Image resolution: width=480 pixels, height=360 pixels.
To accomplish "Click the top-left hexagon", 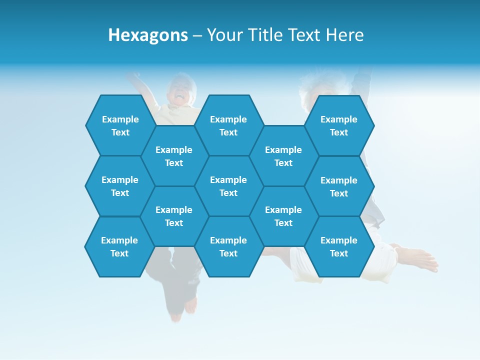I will pyautogui.click(x=120, y=125).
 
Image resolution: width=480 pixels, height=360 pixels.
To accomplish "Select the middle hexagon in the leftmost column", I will pyautogui.click(x=120, y=186).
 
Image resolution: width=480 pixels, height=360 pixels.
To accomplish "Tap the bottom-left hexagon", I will pyautogui.click(x=119, y=246).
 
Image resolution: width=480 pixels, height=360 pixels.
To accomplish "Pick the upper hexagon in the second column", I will pyautogui.click(x=174, y=156).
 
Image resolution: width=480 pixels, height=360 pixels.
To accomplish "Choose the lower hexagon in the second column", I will pyautogui.click(x=174, y=216).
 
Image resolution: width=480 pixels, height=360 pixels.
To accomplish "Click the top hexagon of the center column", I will pyautogui.click(x=228, y=125).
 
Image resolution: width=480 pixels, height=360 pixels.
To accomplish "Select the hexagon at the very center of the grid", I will pyautogui.click(x=228, y=186).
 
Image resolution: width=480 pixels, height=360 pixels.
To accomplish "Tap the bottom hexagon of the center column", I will pyautogui.click(x=228, y=246).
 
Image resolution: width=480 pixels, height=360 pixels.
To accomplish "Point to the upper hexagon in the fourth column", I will pyautogui.click(x=283, y=156).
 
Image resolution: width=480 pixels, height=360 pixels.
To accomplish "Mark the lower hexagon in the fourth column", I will pyautogui.click(x=283, y=216).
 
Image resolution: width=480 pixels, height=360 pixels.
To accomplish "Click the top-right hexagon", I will pyautogui.click(x=339, y=125).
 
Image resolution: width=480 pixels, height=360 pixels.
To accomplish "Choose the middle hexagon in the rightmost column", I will pyautogui.click(x=339, y=186).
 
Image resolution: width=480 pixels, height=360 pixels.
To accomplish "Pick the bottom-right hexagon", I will pyautogui.click(x=339, y=246).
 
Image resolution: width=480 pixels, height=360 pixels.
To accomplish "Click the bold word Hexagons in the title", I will pyautogui.click(x=148, y=35).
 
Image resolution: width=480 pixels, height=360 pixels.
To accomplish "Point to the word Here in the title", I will pyautogui.click(x=344, y=35).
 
